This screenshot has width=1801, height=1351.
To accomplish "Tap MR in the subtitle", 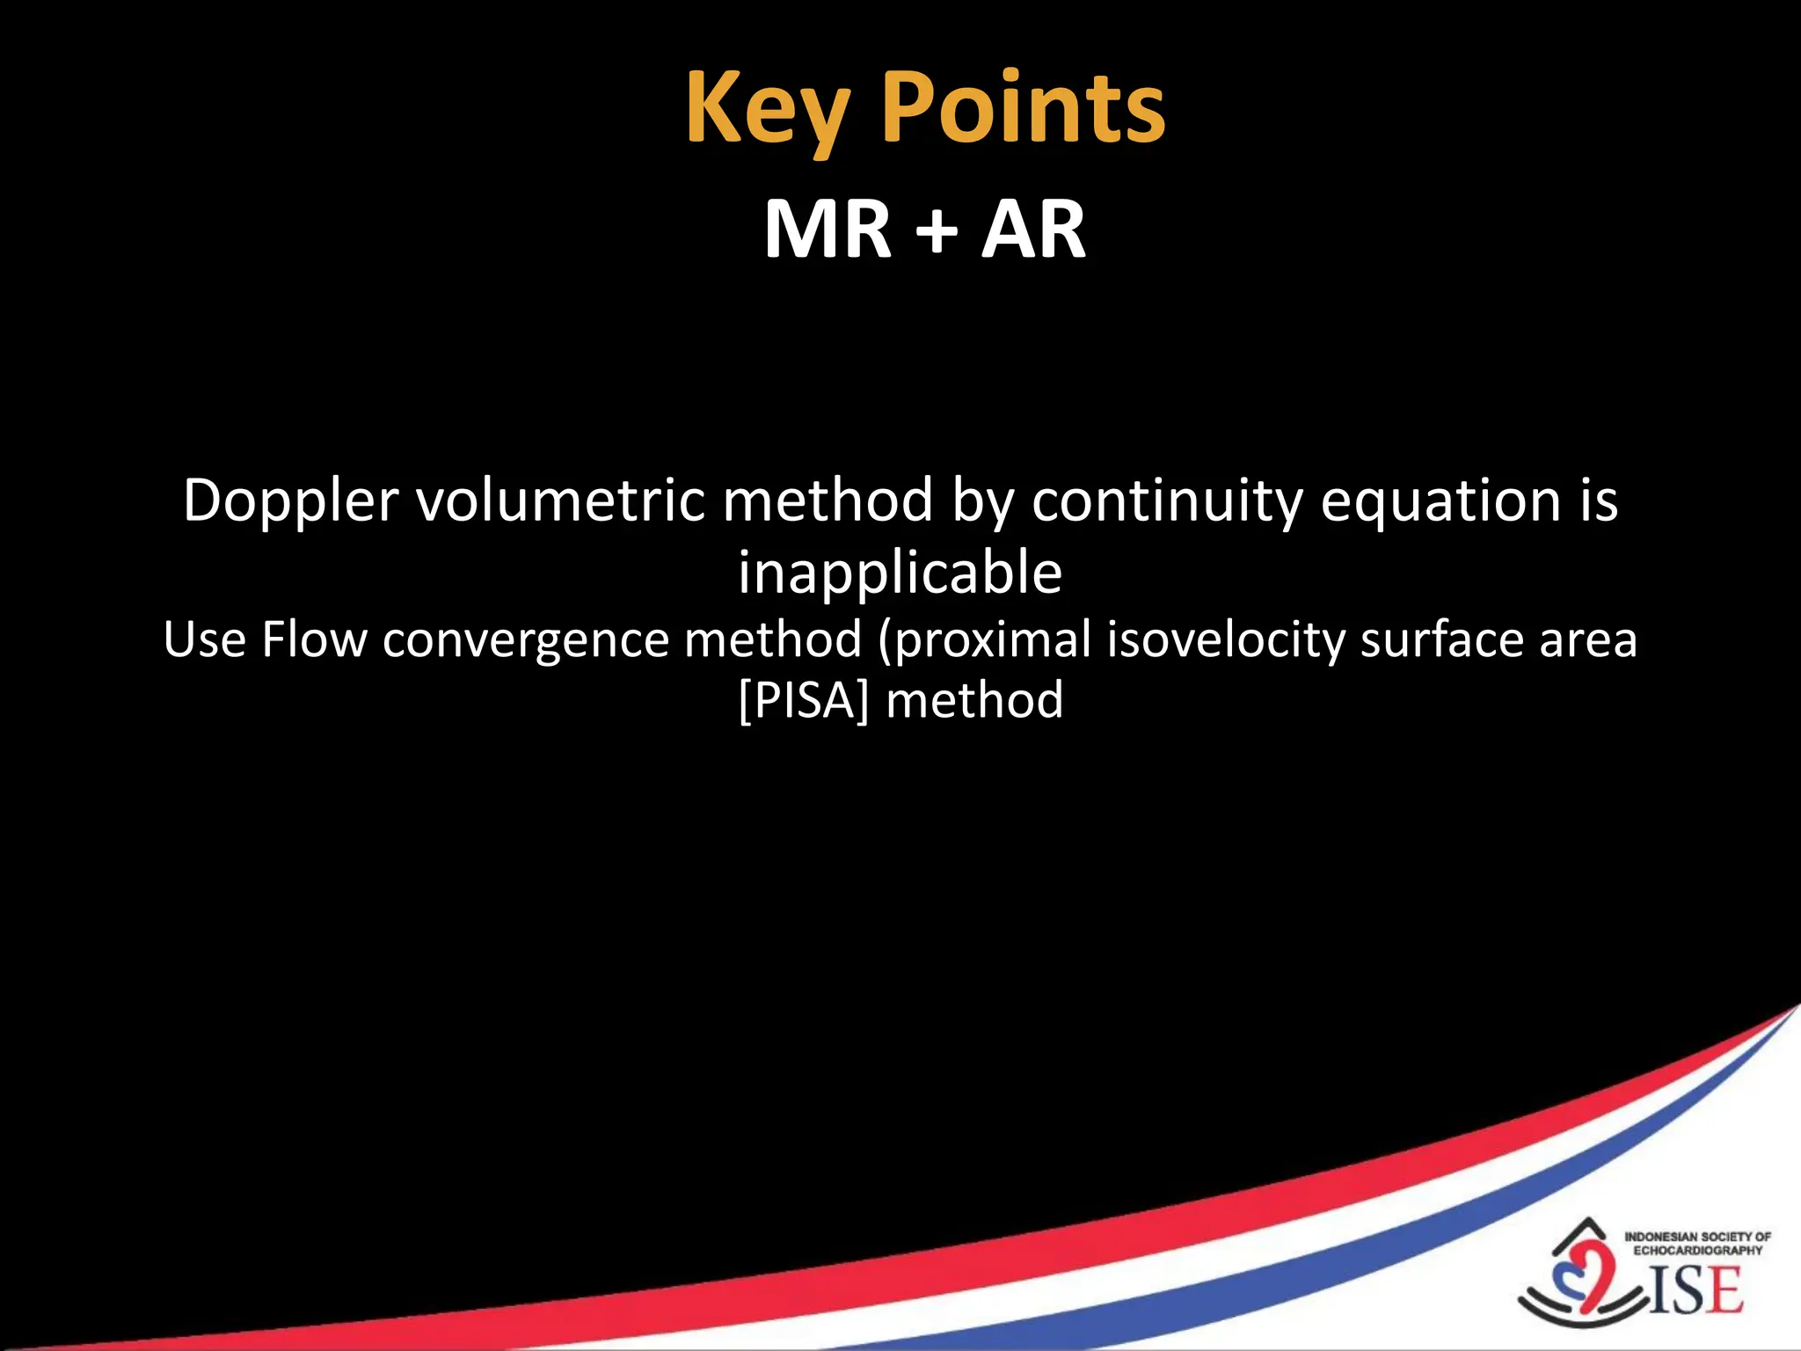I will pyautogui.click(x=828, y=230).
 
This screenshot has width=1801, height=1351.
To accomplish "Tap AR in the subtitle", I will pyautogui.click(x=1033, y=230).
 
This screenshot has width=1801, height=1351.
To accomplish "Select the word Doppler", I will pyautogui.click(x=291, y=501).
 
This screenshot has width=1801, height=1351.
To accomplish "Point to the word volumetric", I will pyautogui.click(x=560, y=501).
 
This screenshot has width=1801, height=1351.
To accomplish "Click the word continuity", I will pyautogui.click(x=1168, y=501).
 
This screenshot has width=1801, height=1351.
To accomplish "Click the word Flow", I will pyautogui.click(x=314, y=639).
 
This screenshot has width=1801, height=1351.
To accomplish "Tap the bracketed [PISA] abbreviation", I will pyautogui.click(x=804, y=701).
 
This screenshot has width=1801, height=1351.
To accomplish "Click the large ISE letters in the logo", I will pyautogui.click(x=1695, y=1290).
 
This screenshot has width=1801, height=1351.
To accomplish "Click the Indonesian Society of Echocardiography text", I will pyautogui.click(x=1697, y=1243).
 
